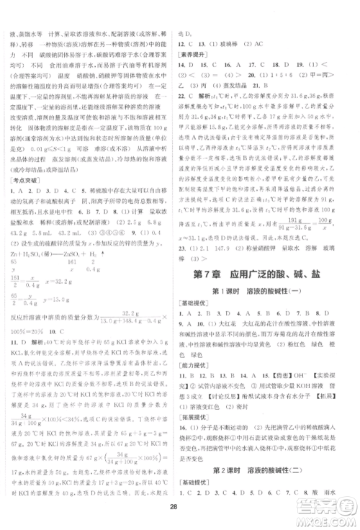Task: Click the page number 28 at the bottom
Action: coord(180,511)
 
